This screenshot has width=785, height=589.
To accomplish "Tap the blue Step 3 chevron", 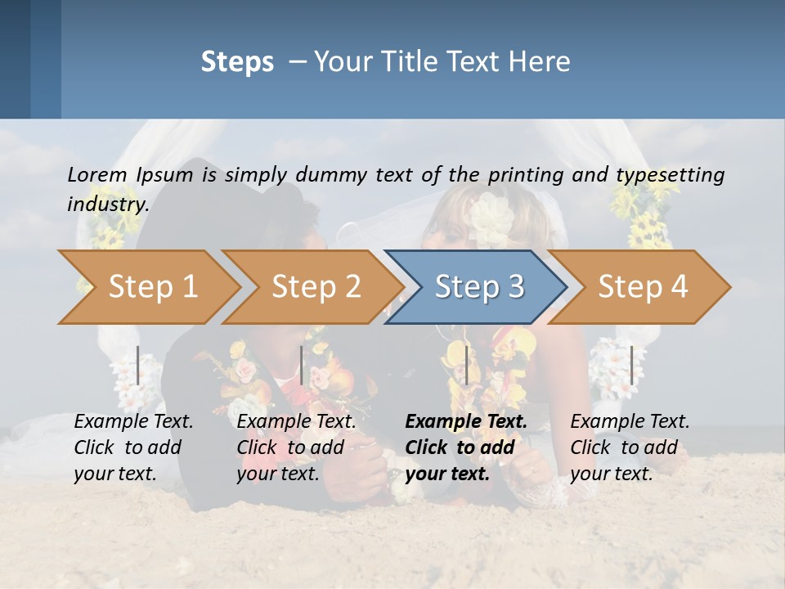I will pyautogui.click(x=479, y=287).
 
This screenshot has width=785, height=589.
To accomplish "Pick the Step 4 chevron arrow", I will pyautogui.click(x=643, y=287).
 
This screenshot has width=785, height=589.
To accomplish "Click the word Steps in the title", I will pyautogui.click(x=237, y=62).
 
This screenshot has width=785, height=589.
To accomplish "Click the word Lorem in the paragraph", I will pyautogui.click(x=97, y=174).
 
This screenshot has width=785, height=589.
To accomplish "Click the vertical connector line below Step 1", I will pyautogui.click(x=137, y=365).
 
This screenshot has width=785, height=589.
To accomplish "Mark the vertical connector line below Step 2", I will pyautogui.click(x=302, y=365).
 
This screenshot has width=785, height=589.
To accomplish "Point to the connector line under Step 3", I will pyautogui.click(x=466, y=365).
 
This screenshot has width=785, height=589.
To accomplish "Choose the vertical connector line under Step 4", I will pyautogui.click(x=631, y=365).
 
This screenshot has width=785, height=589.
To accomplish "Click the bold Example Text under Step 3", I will pyautogui.click(x=466, y=422).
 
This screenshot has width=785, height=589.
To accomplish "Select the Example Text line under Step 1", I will pyautogui.click(x=133, y=422).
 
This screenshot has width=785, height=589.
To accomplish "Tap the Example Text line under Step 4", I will pyautogui.click(x=630, y=422).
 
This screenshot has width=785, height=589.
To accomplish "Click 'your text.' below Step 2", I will pyautogui.click(x=277, y=474).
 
